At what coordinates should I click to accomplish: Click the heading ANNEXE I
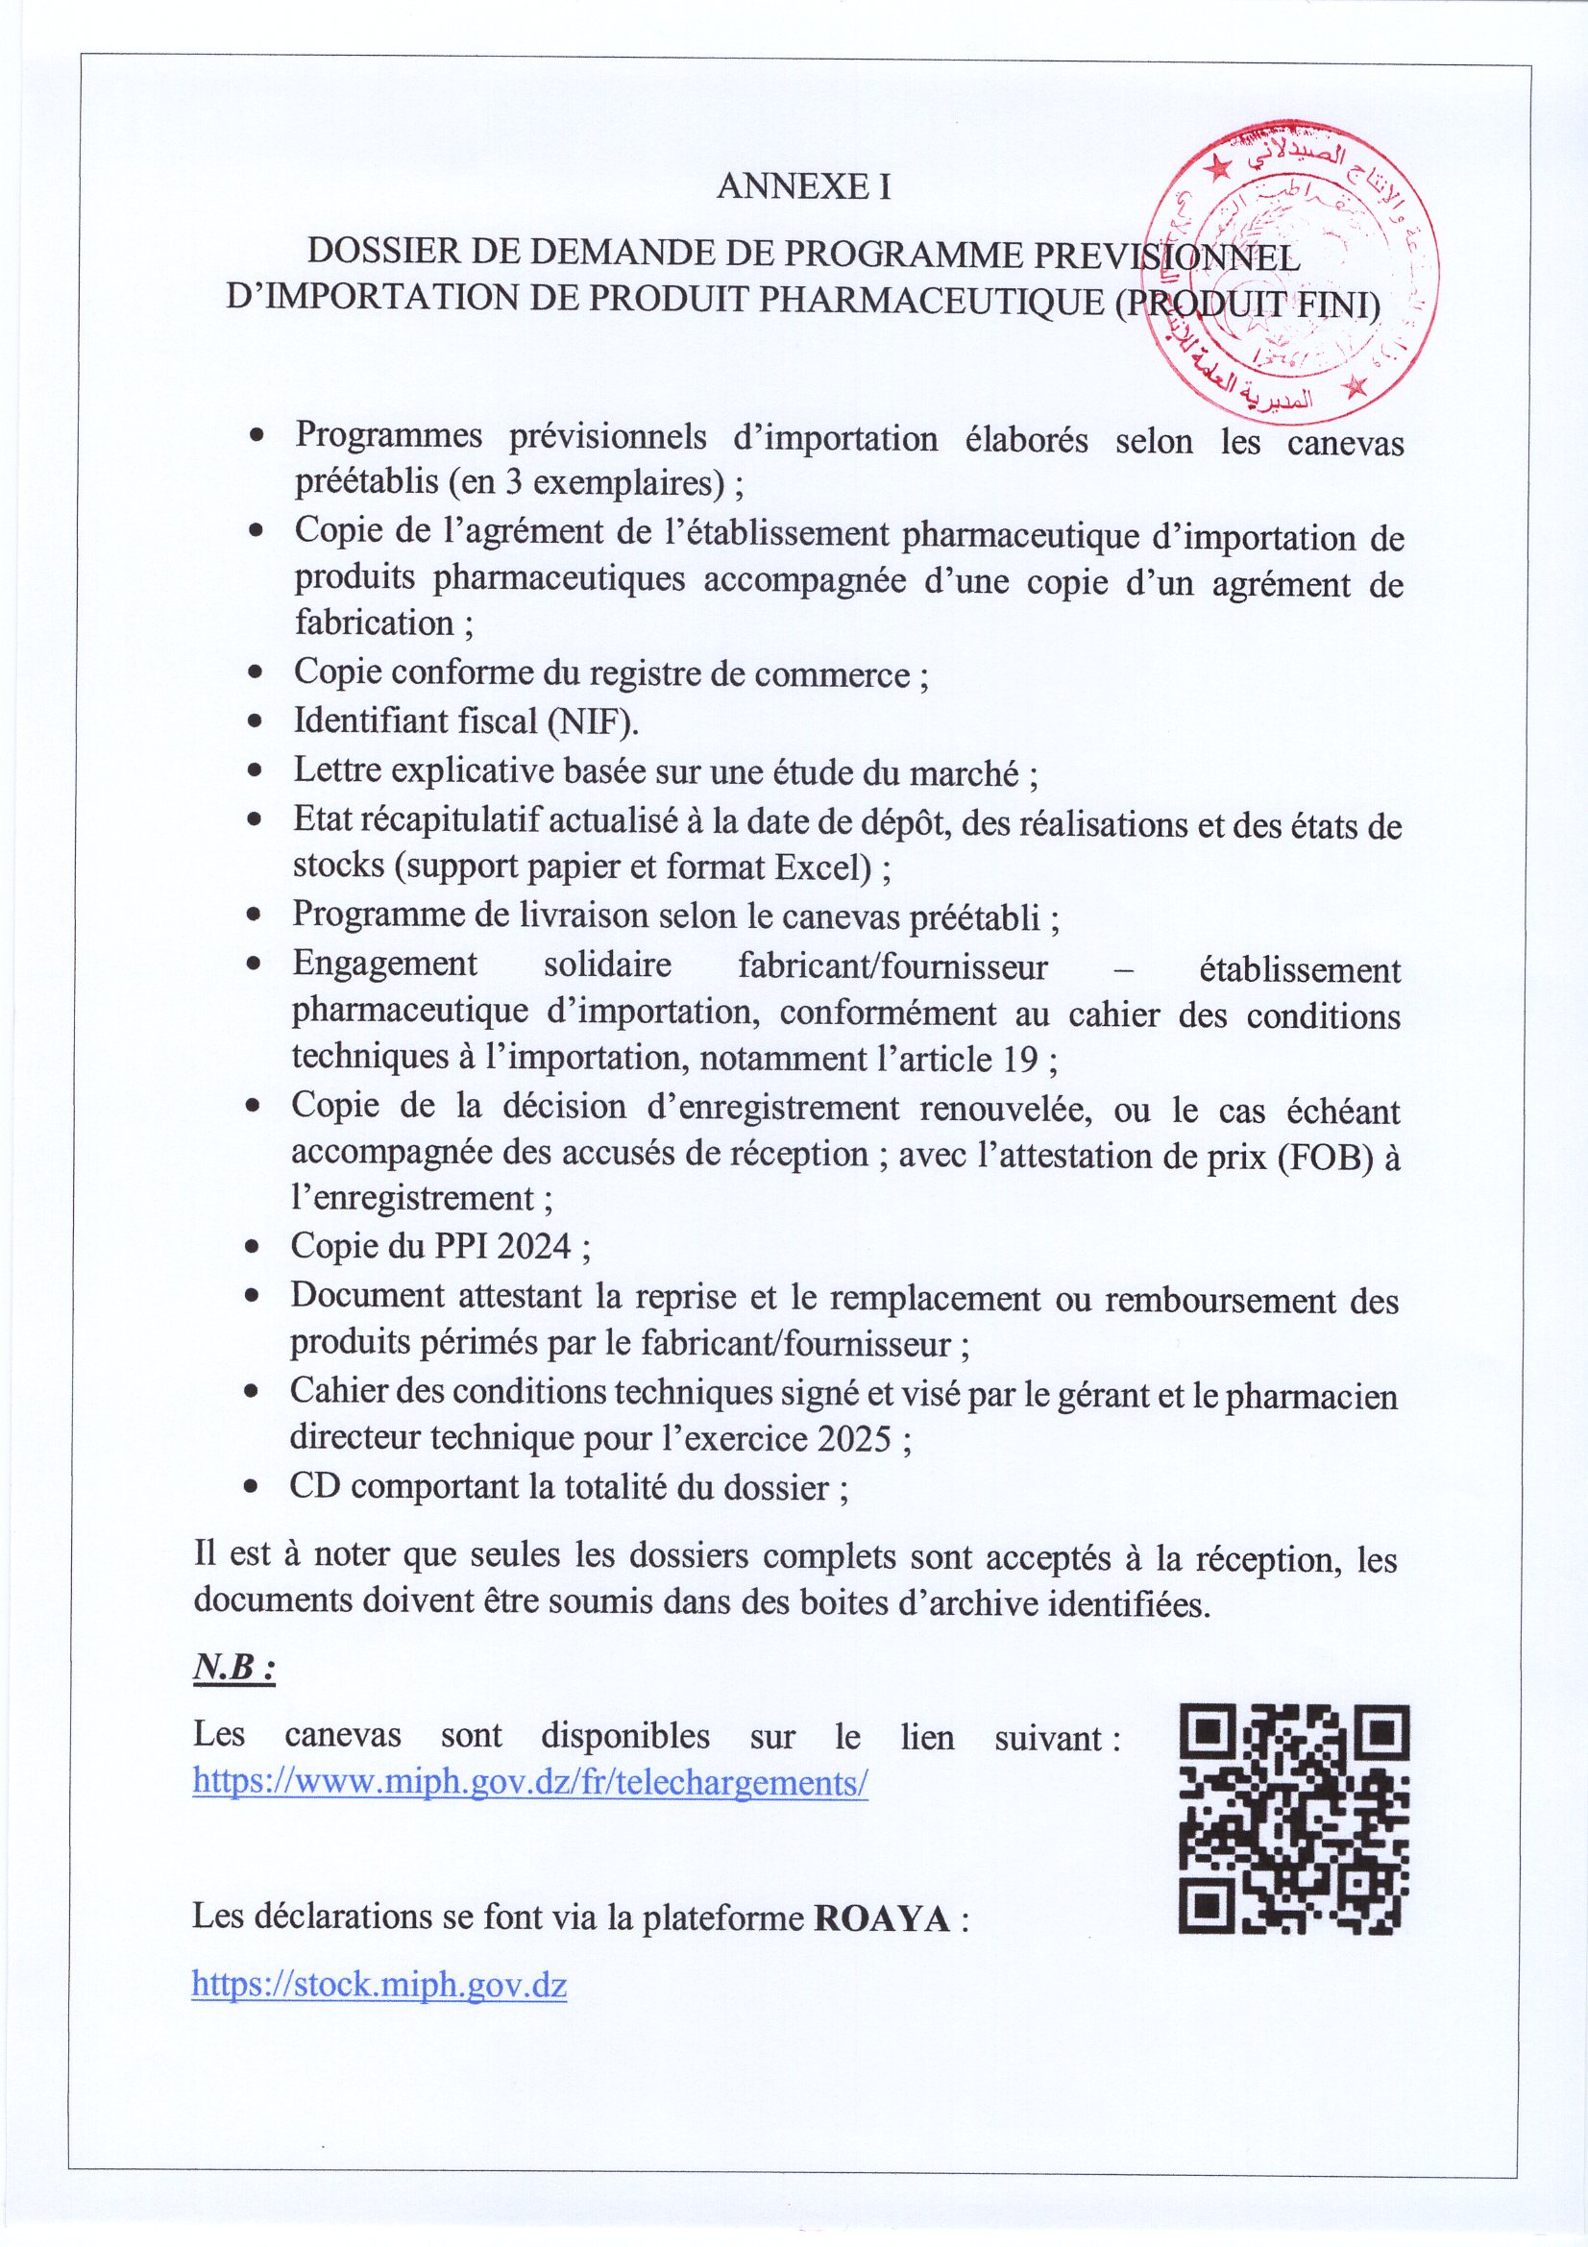803,186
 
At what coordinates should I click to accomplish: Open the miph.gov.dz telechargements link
530,1781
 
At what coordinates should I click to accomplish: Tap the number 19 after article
1021,1059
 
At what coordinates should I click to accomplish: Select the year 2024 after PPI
534,1246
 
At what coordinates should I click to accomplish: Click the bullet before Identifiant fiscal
255,722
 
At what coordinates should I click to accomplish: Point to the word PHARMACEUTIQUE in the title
931,301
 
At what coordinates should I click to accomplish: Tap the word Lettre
336,771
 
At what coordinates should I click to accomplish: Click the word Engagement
384,964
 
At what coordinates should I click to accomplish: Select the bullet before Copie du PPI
253,1247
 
